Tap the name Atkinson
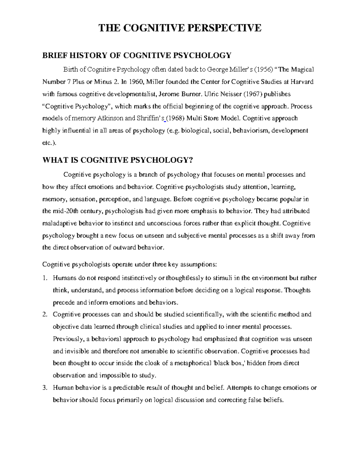tap(110, 118)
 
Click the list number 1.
tap(45, 278)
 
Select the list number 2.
tap(45, 314)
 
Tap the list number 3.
tap(45, 388)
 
